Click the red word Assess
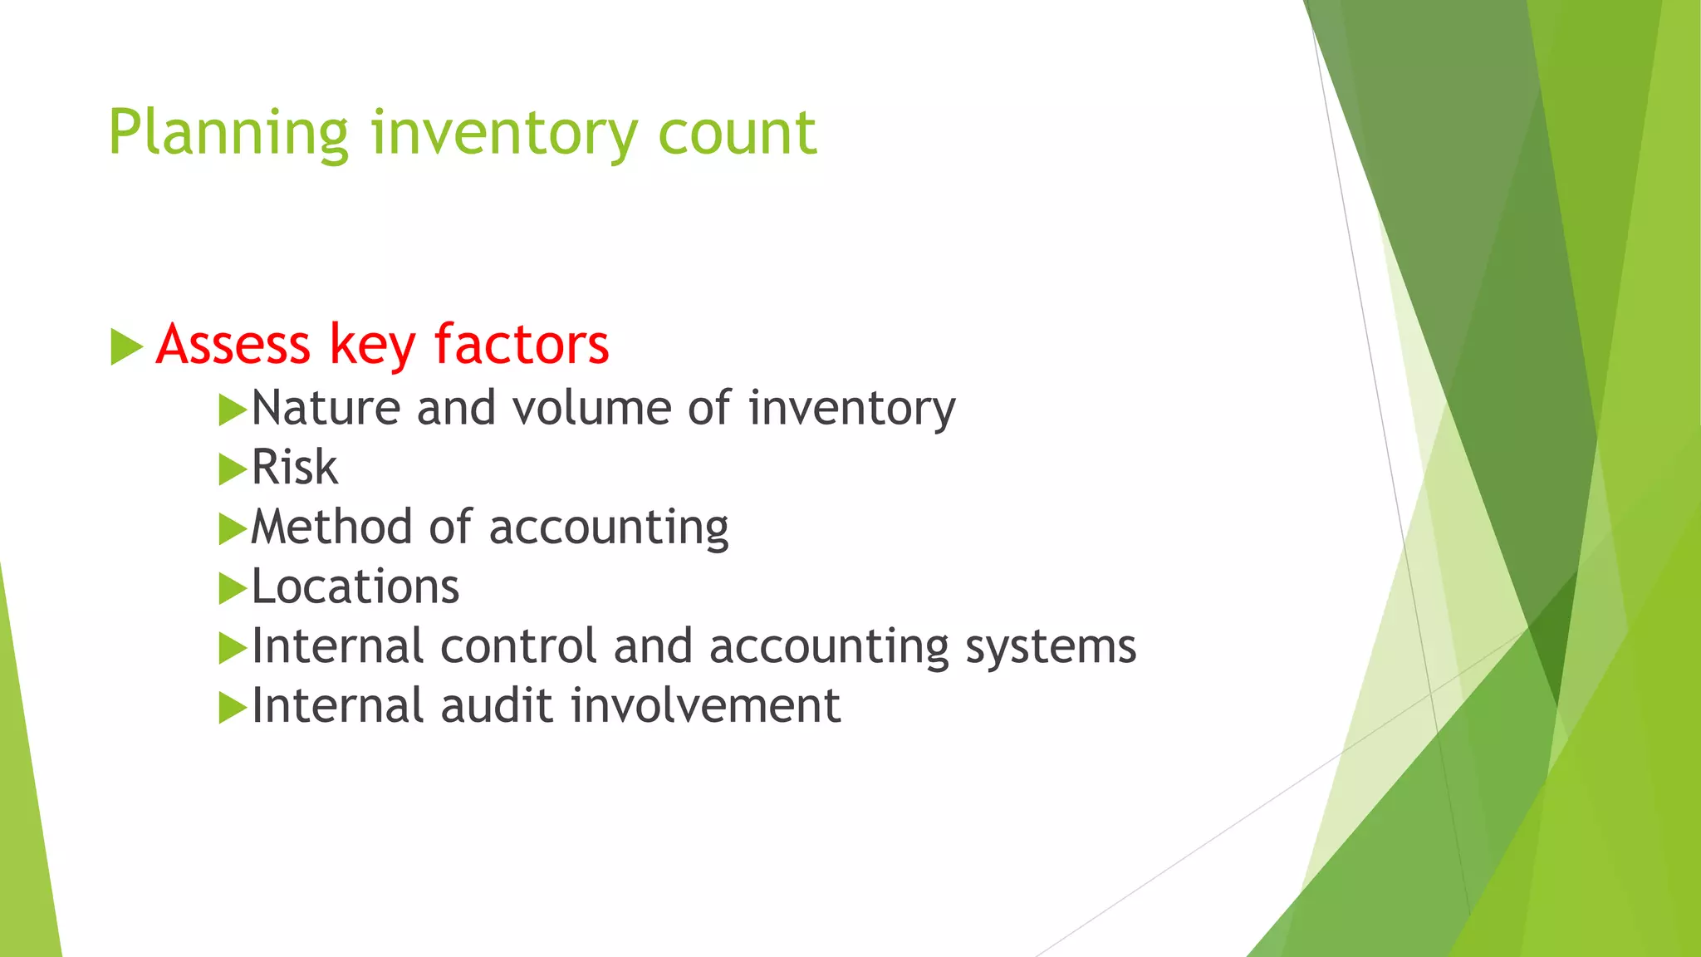click(233, 344)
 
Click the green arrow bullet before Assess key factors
click(126, 346)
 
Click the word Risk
click(295, 467)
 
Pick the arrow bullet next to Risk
click(233, 469)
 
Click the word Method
click(331, 527)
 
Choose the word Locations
click(355, 586)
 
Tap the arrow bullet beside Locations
click(233, 589)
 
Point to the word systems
click(1050, 646)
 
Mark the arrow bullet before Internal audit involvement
click(233, 709)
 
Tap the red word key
click(372, 344)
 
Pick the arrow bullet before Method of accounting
click(233, 529)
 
